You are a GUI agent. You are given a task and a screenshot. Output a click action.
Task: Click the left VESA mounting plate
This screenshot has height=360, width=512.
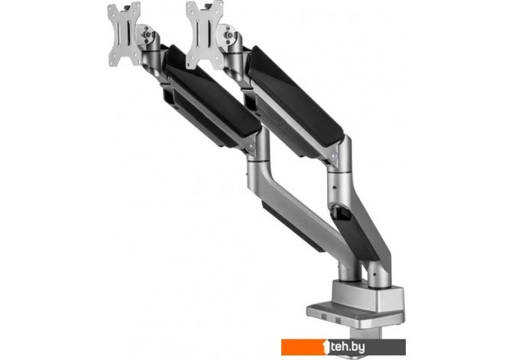coord(125,34)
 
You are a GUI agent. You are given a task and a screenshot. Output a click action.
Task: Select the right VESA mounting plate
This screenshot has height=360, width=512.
coord(205,34)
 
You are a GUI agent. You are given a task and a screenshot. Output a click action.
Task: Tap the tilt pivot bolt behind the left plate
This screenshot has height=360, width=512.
coord(147,34)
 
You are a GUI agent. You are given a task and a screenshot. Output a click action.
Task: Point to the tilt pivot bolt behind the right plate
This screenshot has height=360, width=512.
coord(231,35)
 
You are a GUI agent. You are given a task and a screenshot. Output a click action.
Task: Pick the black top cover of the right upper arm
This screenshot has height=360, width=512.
coord(296,95)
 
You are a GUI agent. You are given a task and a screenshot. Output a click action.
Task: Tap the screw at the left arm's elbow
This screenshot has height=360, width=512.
coord(251,146)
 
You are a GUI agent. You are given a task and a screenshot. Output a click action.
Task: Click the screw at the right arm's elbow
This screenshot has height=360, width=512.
coord(334,156)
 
